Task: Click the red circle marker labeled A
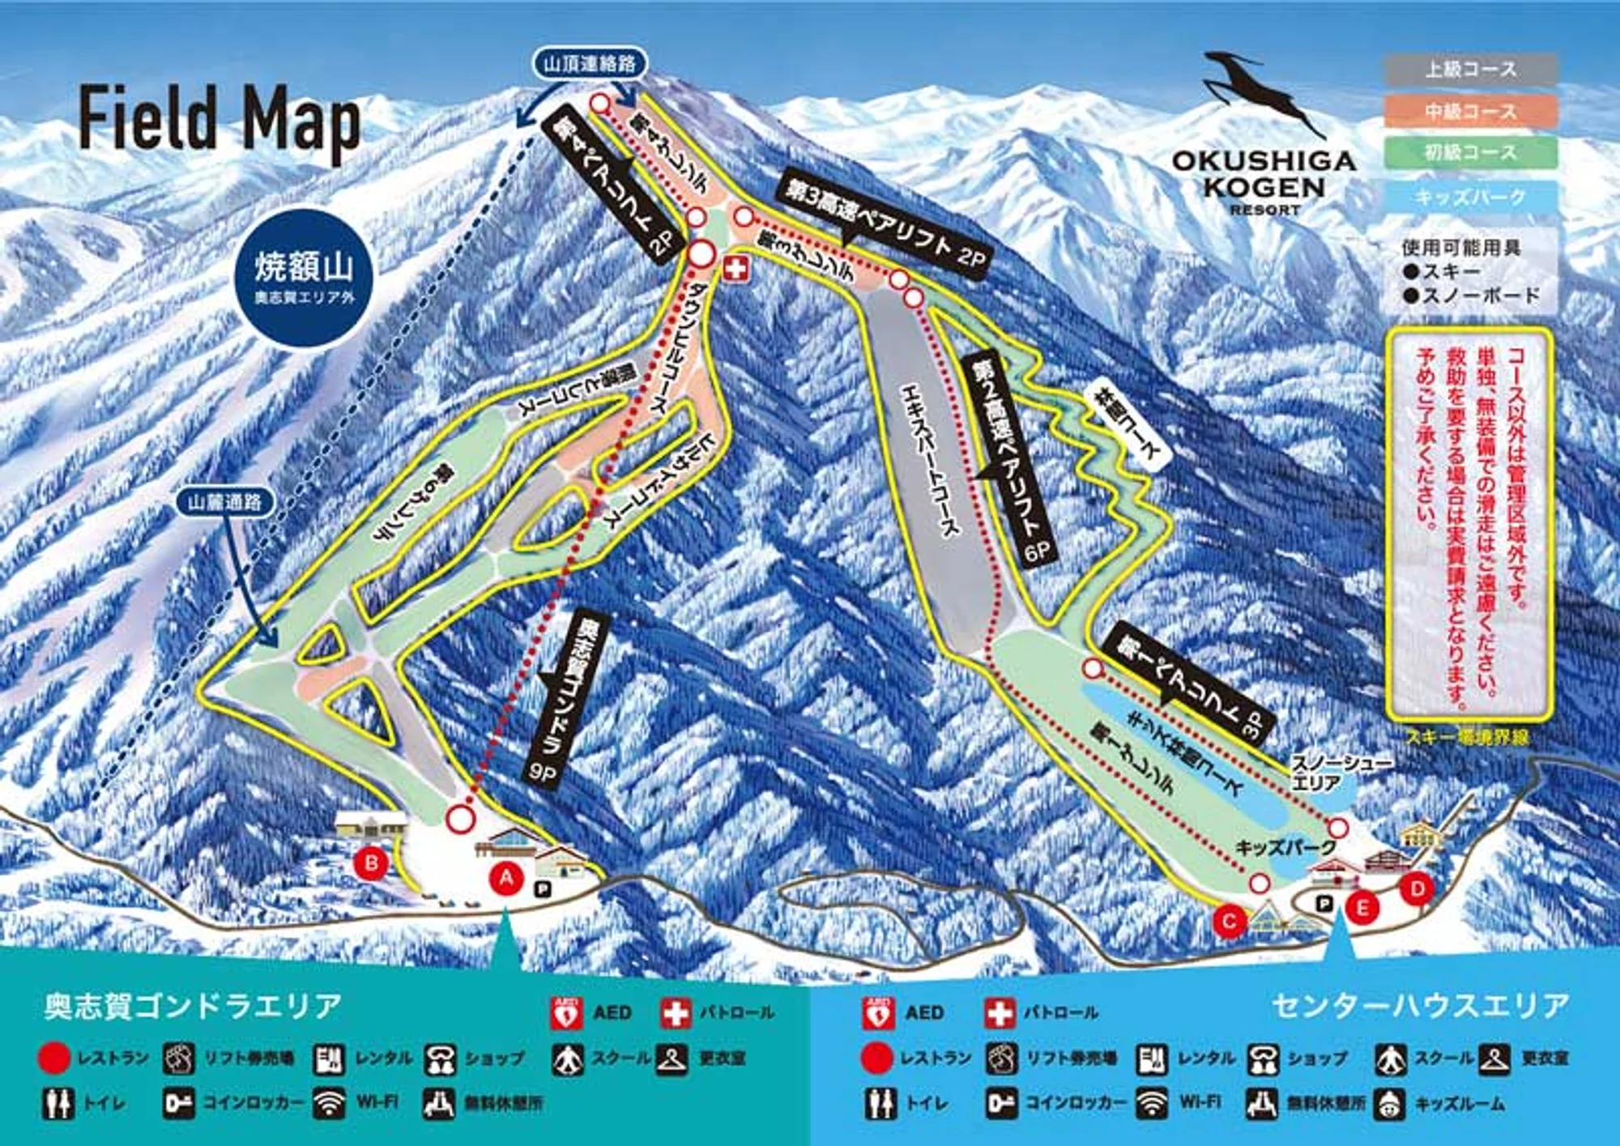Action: (508, 878)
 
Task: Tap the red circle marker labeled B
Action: (372, 863)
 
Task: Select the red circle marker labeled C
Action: (1230, 921)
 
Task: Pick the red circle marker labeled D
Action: (1417, 889)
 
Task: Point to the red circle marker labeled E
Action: (1362, 909)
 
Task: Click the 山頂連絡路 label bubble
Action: (590, 64)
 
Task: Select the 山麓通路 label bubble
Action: (224, 502)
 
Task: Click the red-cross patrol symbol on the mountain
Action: (735, 270)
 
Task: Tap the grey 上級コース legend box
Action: (1471, 70)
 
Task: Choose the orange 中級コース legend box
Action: (1471, 111)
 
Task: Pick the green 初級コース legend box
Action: (1471, 152)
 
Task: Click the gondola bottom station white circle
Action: (461, 819)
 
